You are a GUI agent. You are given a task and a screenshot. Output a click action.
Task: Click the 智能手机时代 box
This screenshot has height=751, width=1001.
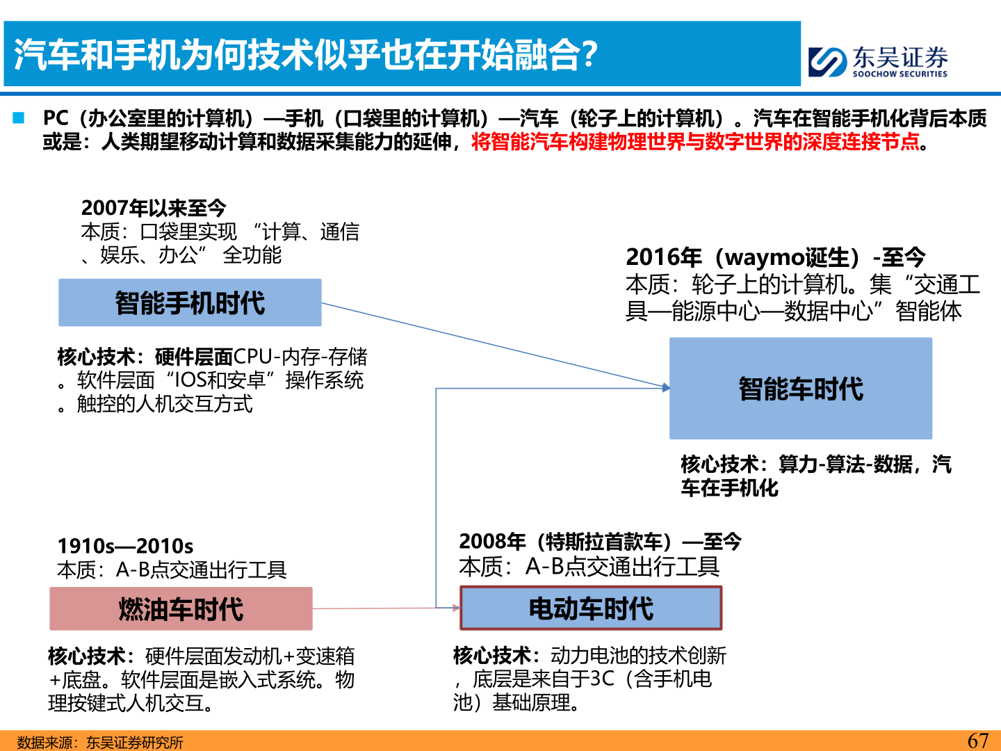(190, 302)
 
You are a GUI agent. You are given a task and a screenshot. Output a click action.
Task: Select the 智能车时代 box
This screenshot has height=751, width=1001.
(800, 388)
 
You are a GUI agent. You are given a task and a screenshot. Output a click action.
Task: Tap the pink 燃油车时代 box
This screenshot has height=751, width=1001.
(181, 608)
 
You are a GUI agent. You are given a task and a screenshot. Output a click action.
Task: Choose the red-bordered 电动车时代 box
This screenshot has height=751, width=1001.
(591, 608)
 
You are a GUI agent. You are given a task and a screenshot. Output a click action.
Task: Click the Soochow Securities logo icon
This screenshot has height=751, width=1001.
(827, 62)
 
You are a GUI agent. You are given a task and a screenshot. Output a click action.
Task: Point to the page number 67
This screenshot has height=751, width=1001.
(978, 741)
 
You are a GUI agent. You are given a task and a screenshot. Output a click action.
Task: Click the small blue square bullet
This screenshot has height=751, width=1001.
(18, 118)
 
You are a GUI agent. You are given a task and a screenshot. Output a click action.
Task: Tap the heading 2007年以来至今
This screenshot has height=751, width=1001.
(154, 208)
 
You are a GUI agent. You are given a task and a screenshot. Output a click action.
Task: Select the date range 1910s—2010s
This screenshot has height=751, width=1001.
(125, 546)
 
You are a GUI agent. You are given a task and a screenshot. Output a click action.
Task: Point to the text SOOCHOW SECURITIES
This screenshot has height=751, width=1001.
(900, 74)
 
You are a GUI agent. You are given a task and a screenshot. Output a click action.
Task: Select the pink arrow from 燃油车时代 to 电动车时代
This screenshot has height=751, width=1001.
(386, 608)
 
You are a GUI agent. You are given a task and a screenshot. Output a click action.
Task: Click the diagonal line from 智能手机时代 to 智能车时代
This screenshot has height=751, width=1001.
(496, 345)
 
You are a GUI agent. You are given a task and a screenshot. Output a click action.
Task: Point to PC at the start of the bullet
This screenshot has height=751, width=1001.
(56, 118)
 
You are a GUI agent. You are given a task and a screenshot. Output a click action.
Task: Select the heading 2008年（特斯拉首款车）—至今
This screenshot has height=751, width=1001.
(600, 542)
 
